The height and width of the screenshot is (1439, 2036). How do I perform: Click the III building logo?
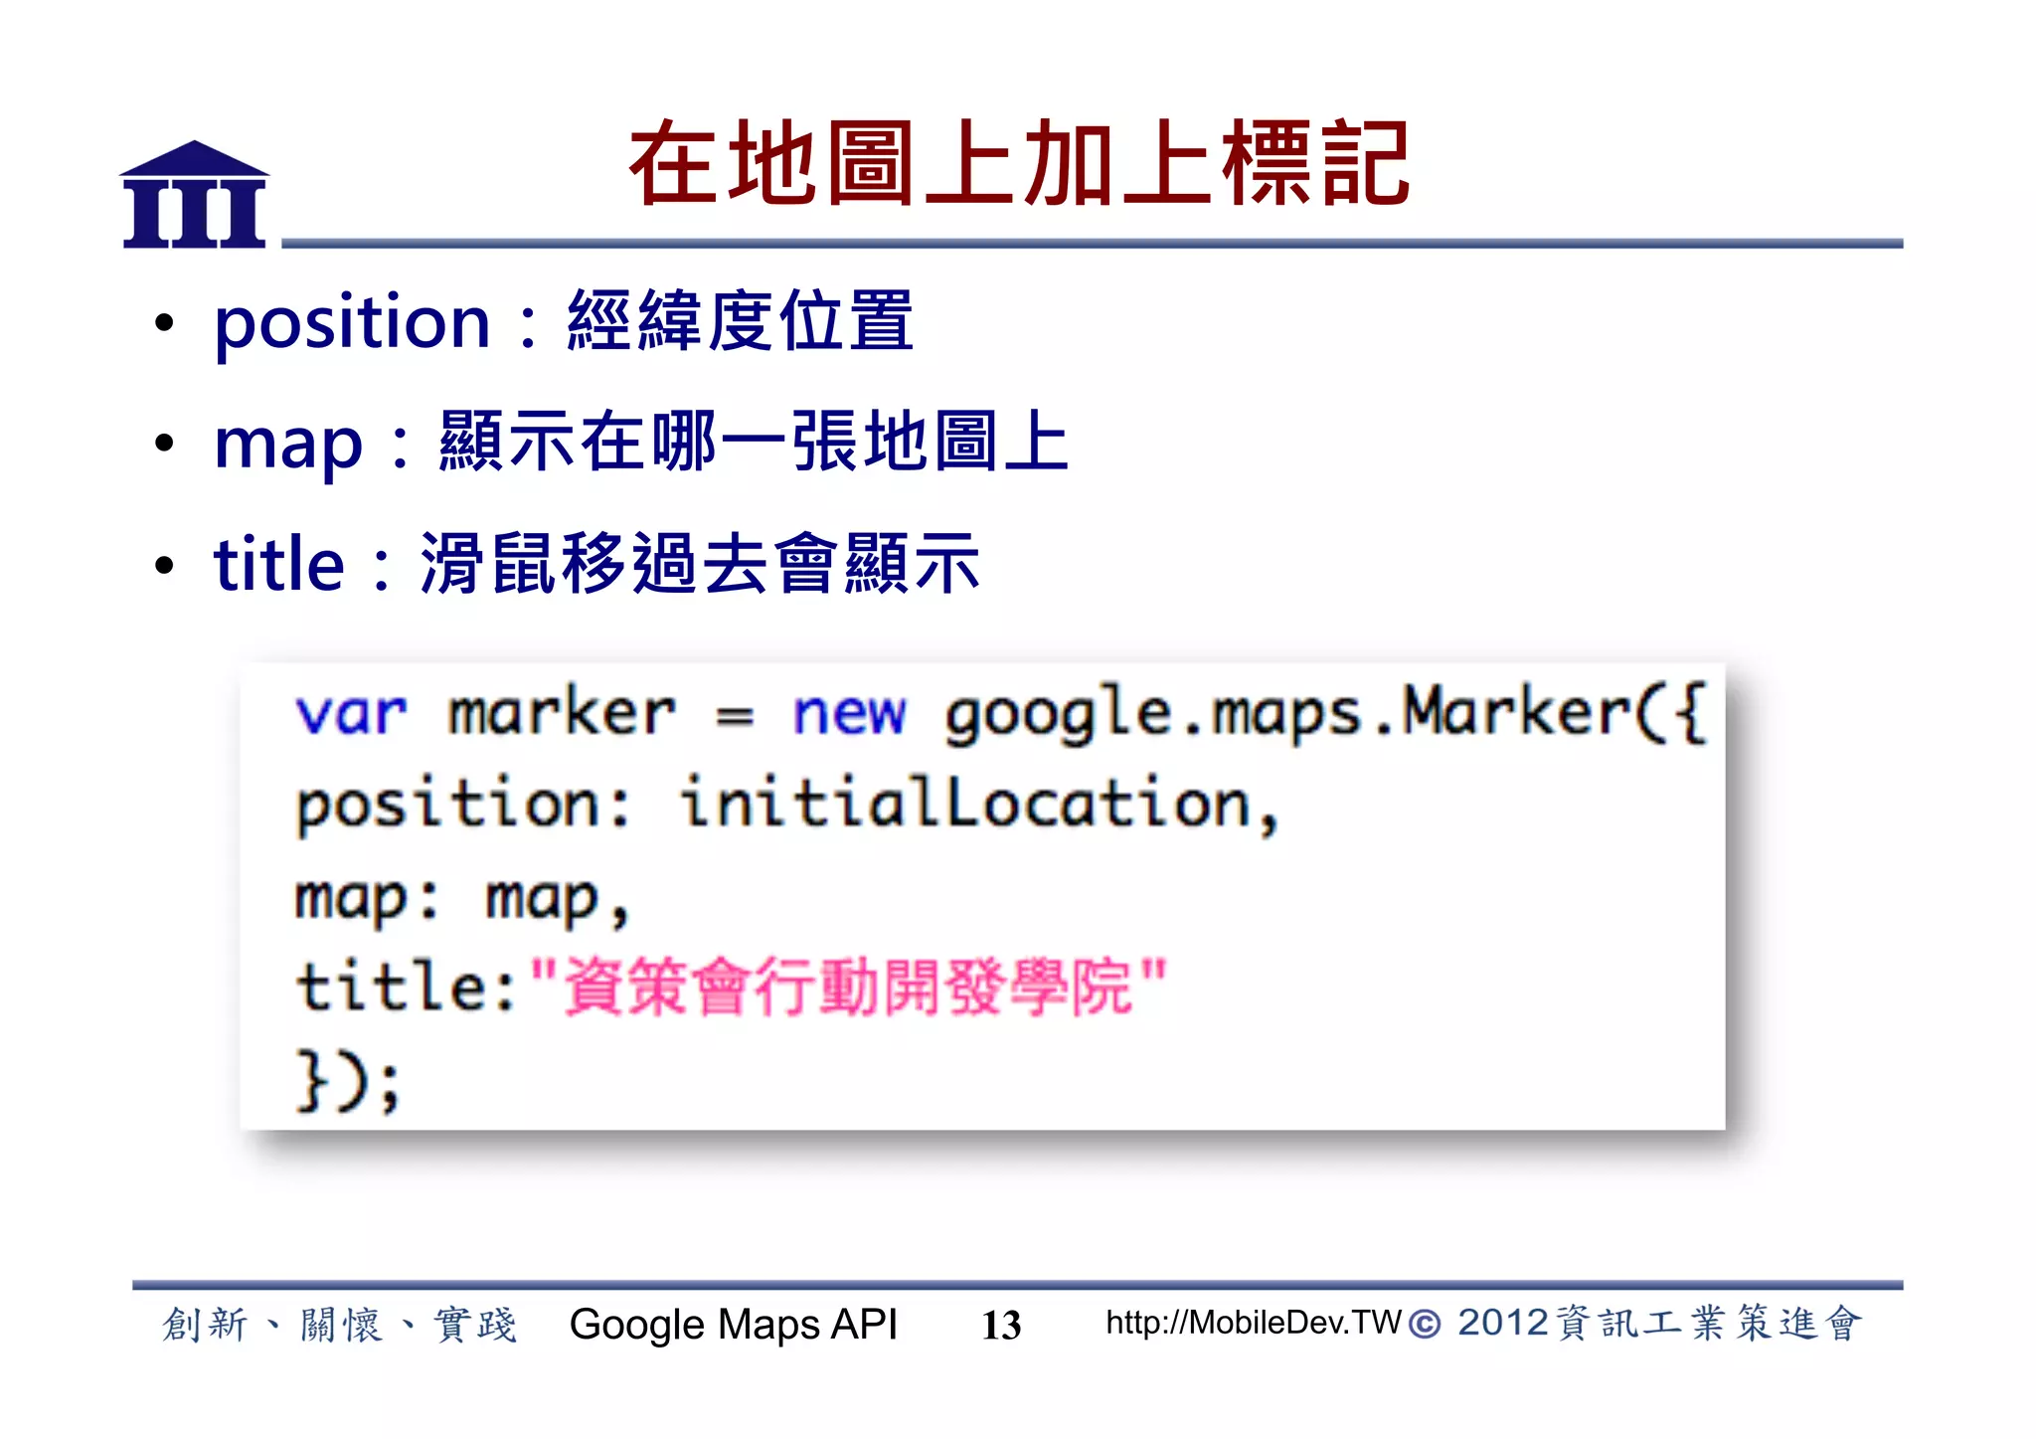194,195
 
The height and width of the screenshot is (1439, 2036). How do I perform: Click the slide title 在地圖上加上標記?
1019,164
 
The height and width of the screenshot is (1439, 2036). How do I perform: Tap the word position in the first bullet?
353,323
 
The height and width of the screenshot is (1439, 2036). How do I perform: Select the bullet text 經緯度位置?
740,321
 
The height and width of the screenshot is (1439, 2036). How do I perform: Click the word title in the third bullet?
279,564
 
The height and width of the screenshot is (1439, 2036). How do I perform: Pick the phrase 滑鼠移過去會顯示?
700,564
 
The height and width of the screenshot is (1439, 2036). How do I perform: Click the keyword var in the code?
351,714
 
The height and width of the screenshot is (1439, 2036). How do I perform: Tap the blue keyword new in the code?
849,714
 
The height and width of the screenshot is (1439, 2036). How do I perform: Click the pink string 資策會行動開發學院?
848,987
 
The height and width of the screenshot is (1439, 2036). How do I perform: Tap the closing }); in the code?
349,1080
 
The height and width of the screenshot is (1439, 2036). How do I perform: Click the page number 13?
1001,1325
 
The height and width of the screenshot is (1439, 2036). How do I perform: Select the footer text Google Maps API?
733,1325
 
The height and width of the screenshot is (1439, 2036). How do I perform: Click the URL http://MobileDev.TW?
1253,1323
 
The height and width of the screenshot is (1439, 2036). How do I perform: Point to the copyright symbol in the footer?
1425,1325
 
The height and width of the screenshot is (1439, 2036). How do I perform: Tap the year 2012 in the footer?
1502,1324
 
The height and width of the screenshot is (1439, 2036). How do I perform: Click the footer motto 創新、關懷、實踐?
339,1325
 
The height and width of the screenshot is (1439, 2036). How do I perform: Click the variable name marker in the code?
562,714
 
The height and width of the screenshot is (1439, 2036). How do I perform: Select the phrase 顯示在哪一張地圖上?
754,443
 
